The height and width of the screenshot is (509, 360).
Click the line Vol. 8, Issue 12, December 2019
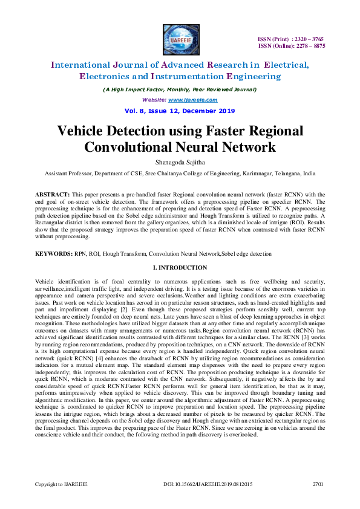pos(180,111)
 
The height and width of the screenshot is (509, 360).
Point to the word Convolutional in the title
pos(131,147)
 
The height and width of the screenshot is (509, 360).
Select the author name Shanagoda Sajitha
pos(180,162)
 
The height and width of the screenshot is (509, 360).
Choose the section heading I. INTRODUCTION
pos(180,267)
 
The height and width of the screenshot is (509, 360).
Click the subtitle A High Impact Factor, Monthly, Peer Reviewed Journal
pos(180,89)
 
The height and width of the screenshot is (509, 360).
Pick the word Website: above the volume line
pos(154,100)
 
